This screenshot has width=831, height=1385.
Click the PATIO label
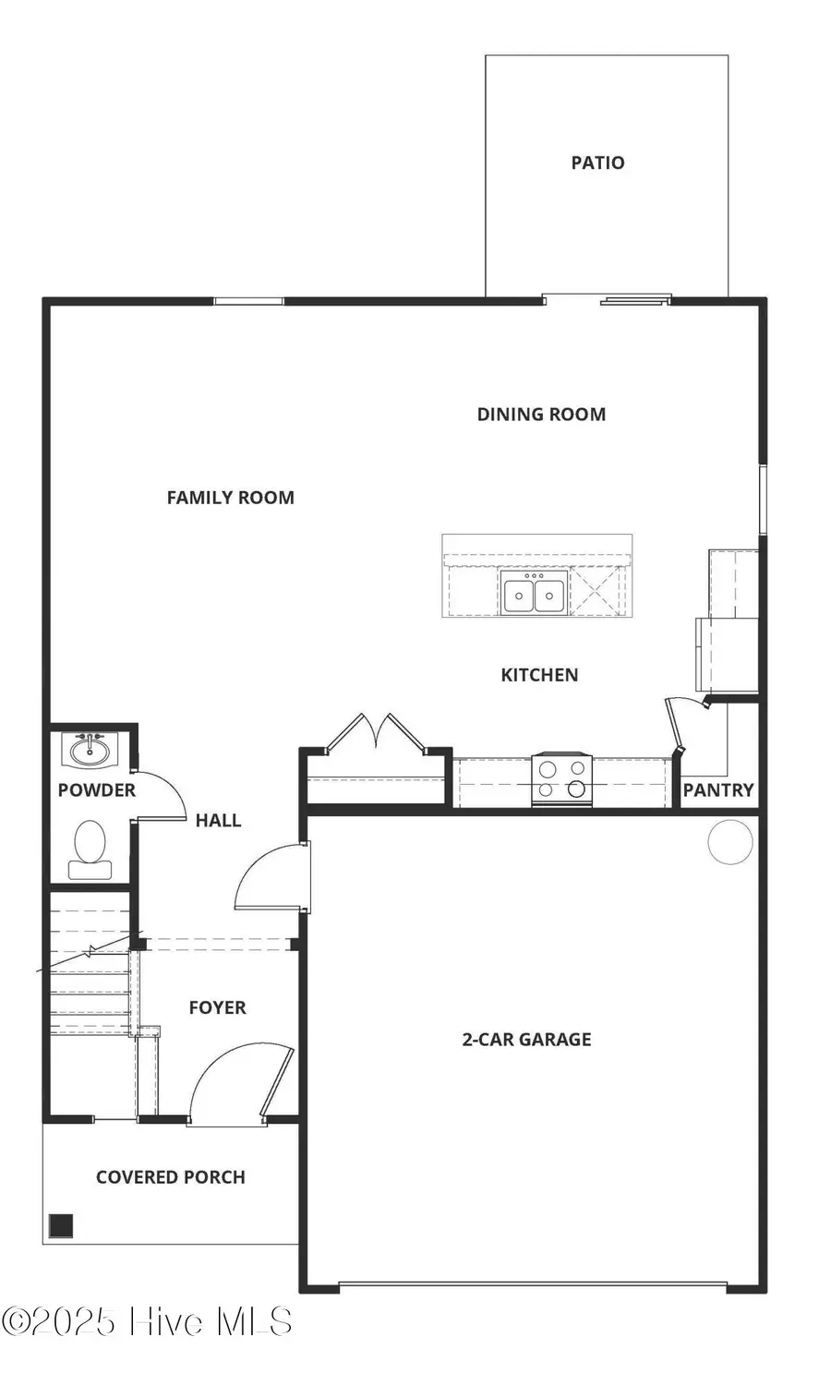point(597,163)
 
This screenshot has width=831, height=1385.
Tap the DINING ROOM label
point(541,415)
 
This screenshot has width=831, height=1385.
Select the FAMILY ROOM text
point(230,498)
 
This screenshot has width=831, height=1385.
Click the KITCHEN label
point(539,675)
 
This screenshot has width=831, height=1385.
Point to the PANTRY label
point(717,790)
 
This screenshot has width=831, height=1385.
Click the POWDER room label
point(96,790)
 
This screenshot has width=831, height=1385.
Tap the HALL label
point(218,820)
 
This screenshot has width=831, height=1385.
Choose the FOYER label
point(217,1007)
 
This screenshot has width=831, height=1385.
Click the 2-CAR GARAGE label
point(526,1040)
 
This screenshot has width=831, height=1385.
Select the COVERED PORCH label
point(171,1177)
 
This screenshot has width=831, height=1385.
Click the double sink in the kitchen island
point(534,593)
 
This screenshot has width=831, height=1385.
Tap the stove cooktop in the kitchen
point(561,779)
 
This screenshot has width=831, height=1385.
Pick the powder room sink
point(90,749)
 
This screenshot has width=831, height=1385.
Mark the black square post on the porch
point(61,1225)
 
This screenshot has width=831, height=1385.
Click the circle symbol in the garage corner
point(730,842)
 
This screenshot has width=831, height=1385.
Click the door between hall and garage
point(272,879)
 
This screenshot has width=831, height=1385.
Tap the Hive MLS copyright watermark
point(147,1322)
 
